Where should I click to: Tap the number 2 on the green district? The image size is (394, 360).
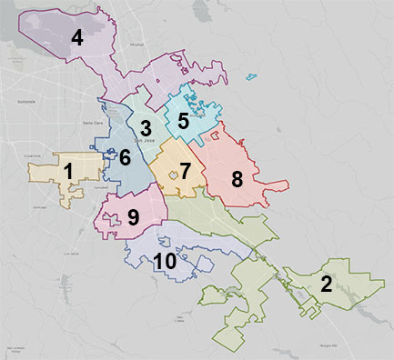point(325,283)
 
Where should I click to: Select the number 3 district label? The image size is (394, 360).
point(145,127)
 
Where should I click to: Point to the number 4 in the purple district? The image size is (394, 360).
point(77,37)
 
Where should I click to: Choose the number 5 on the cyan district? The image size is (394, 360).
point(183,120)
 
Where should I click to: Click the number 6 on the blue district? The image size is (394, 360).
point(125,156)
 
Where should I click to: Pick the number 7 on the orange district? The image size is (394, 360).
point(185,170)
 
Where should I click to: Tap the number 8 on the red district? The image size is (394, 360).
point(237,178)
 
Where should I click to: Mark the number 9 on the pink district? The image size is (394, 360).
point(133,217)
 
